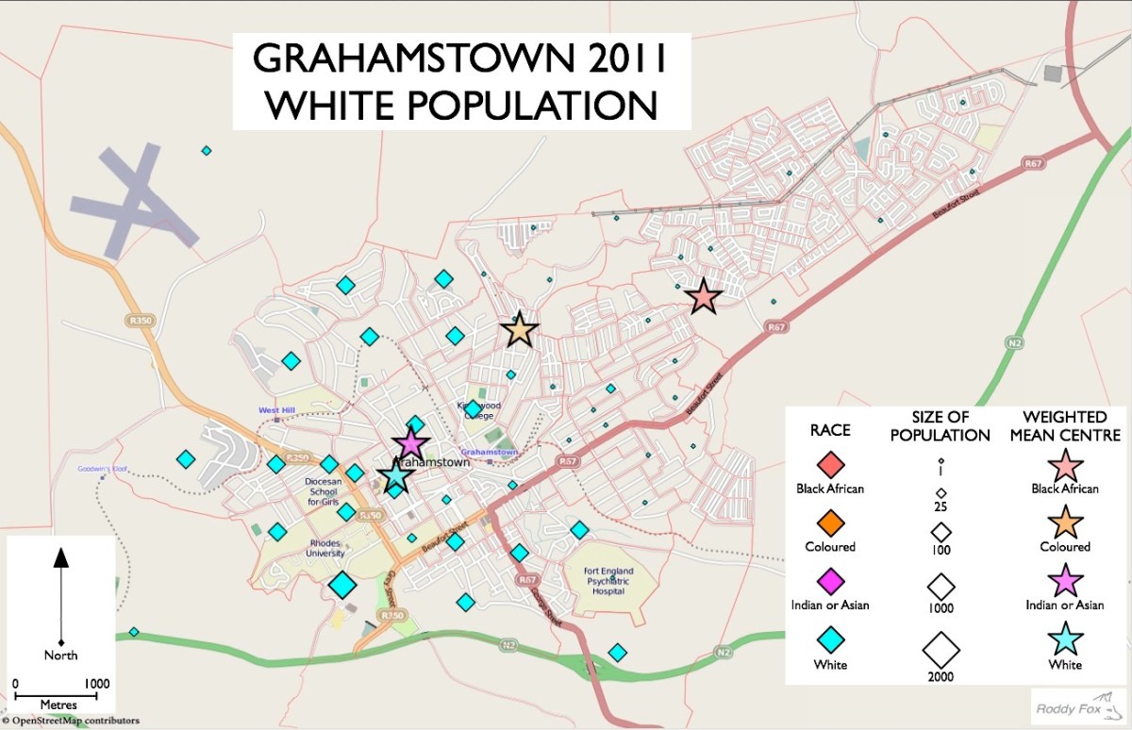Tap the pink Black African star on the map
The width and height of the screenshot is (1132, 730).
click(x=704, y=297)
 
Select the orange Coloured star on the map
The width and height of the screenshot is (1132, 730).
click(x=519, y=330)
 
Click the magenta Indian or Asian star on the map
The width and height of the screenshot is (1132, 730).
click(x=410, y=443)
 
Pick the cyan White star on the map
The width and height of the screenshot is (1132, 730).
click(x=395, y=476)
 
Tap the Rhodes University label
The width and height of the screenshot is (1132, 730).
click(x=325, y=548)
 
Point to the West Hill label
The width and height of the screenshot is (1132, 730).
click(x=277, y=410)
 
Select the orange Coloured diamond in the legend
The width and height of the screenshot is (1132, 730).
click(x=830, y=522)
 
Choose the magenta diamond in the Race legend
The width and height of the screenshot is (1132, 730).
click(x=830, y=579)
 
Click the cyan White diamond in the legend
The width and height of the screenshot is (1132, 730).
click(x=830, y=639)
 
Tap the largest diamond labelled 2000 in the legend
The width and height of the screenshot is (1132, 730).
click(x=941, y=648)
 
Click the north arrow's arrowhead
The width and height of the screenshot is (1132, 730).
click(x=61, y=557)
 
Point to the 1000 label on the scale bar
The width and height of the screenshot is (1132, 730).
click(x=95, y=684)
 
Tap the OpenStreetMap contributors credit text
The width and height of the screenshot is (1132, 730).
click(x=71, y=722)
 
